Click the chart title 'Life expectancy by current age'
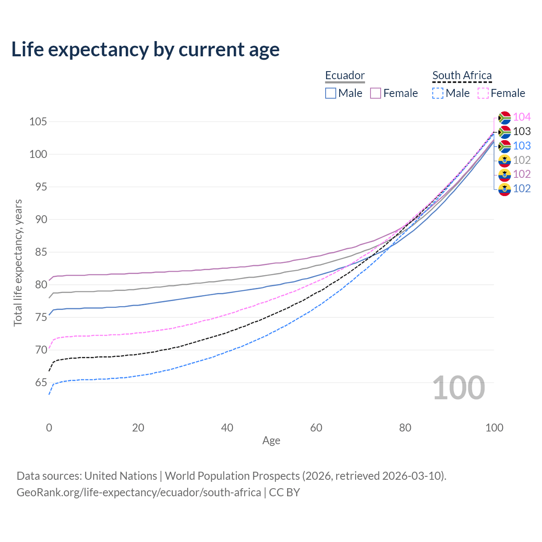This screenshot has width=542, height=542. pyautogui.click(x=145, y=50)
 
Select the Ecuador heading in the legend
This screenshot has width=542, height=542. pyautogui.click(x=345, y=75)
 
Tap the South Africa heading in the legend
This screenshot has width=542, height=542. pyautogui.click(x=462, y=75)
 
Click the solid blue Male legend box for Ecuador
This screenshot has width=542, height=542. pyautogui.click(x=331, y=93)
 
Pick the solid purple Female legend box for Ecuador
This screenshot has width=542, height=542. pyautogui.click(x=376, y=93)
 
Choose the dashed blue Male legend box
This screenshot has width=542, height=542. pyautogui.click(x=438, y=93)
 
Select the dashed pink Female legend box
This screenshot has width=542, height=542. pyautogui.click(x=483, y=93)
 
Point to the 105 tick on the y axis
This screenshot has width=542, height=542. pyautogui.click(x=38, y=122)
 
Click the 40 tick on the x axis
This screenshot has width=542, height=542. pyautogui.click(x=227, y=428)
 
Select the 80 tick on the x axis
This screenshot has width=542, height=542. pyautogui.click(x=405, y=428)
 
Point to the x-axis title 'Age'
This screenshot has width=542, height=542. pyautogui.click(x=271, y=441)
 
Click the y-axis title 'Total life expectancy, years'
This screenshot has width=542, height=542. pyautogui.click(x=18, y=263)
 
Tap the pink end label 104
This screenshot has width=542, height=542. pyautogui.click(x=522, y=117)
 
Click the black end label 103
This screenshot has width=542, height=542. pyautogui.click(x=522, y=131)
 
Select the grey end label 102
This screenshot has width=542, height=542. pyautogui.click(x=522, y=160)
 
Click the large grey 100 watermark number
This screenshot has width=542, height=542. pyautogui.click(x=459, y=388)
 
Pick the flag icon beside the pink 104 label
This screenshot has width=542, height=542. pyautogui.click(x=504, y=118)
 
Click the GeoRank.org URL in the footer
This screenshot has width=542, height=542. pyautogui.click(x=139, y=492)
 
